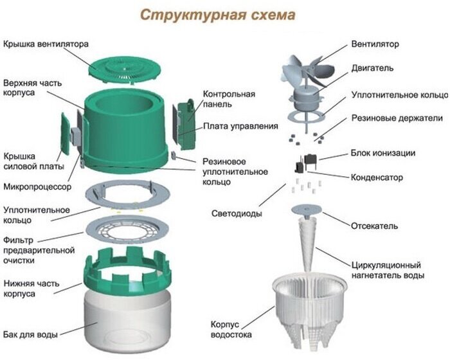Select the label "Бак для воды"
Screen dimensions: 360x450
click(x=30, y=335)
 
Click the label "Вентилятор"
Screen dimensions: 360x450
click(x=375, y=44)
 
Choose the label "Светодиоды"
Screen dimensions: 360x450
click(x=237, y=213)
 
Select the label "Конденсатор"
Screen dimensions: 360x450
click(x=377, y=177)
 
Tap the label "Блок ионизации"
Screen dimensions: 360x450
click(x=382, y=153)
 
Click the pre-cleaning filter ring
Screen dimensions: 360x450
click(x=130, y=229)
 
